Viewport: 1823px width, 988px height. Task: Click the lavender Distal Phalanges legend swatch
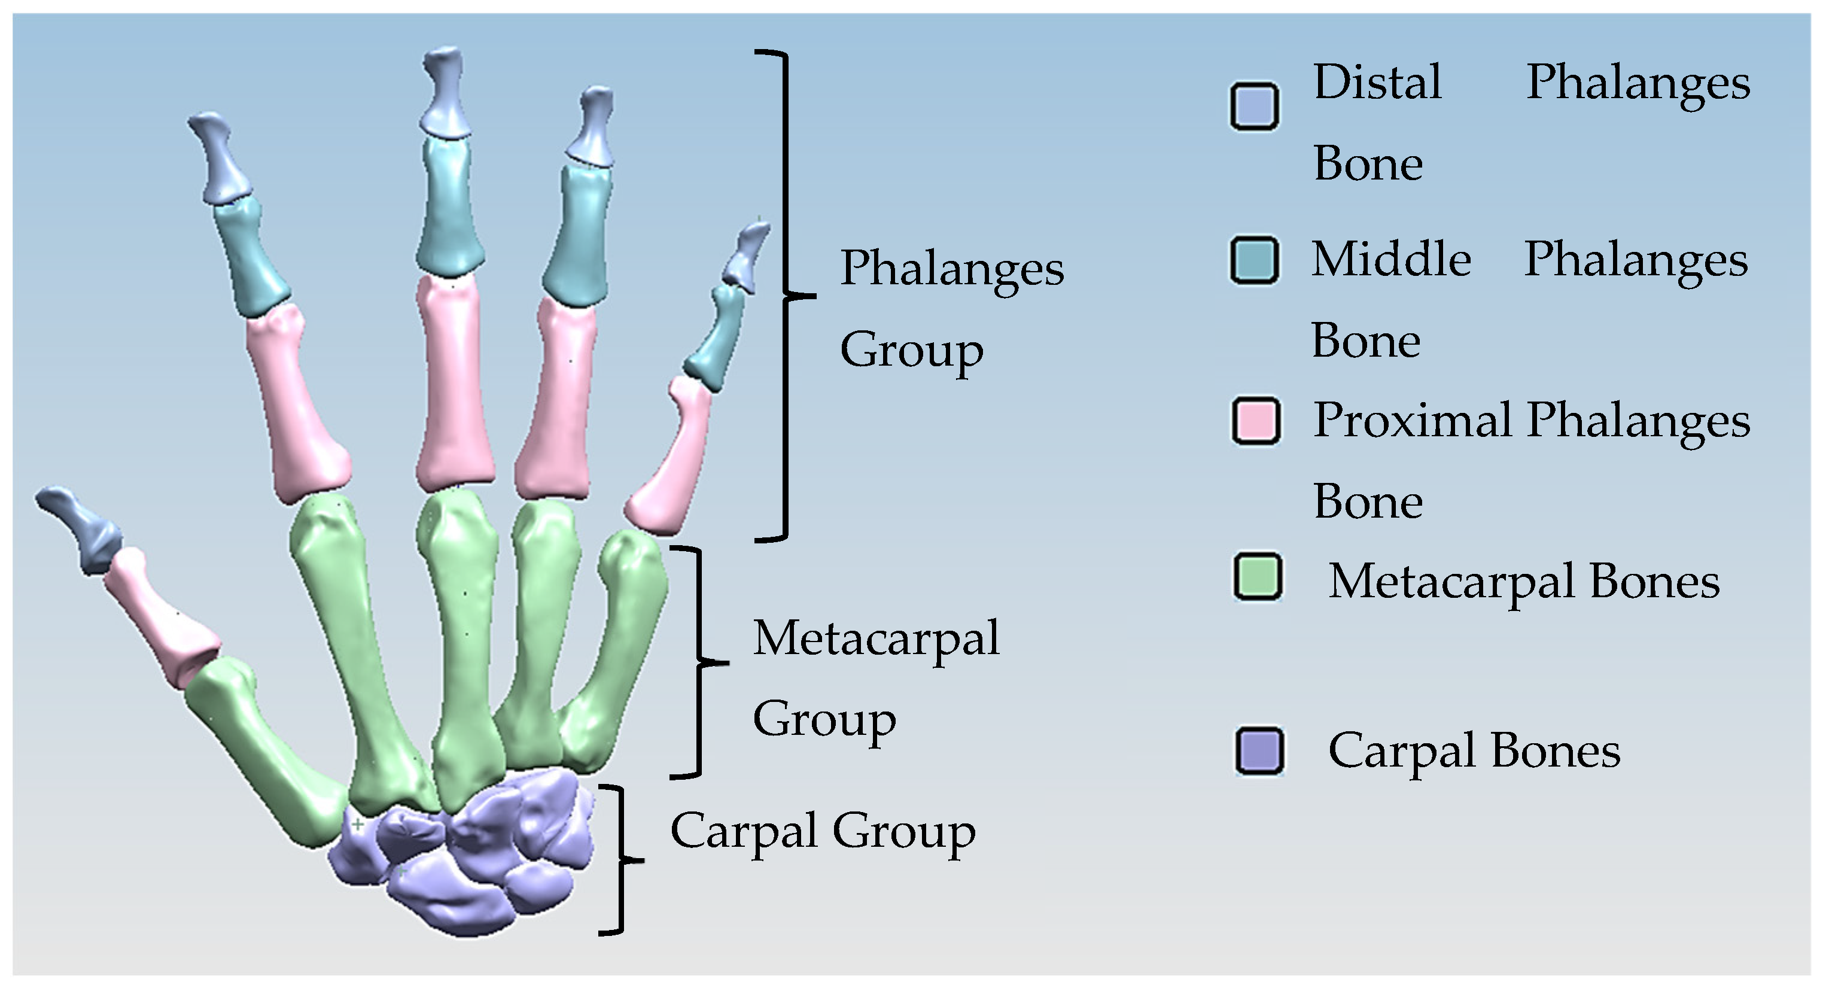pyautogui.click(x=1253, y=106)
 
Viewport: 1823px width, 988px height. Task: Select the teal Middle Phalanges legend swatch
pyautogui.click(x=1253, y=260)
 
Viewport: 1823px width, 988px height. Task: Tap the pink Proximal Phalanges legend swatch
pyautogui.click(x=1255, y=421)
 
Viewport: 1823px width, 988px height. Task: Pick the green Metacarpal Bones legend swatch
pyautogui.click(x=1258, y=577)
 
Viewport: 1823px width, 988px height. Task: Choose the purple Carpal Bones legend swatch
pyautogui.click(x=1259, y=750)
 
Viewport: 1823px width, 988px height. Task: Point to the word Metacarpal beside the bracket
pyautogui.click(x=875, y=639)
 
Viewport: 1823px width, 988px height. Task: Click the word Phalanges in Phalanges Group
pyautogui.click(x=951, y=269)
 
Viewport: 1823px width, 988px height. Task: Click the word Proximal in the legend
pyautogui.click(x=1412, y=421)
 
